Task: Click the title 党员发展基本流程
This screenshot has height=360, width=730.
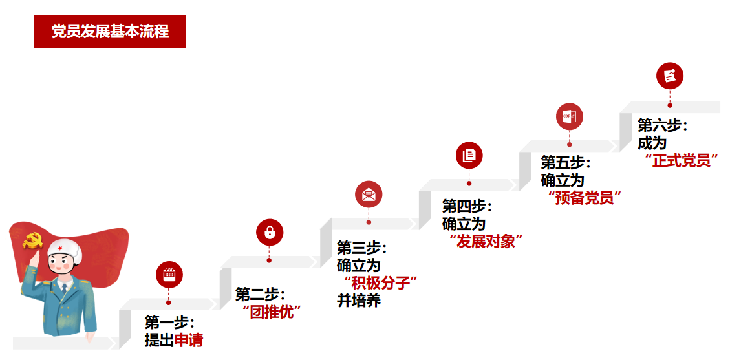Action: [110, 32]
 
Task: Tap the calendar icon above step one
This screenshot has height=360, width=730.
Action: [169, 275]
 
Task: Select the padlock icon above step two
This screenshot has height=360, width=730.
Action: [270, 233]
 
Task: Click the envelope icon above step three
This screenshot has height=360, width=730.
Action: [369, 195]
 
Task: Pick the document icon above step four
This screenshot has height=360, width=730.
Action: [469, 156]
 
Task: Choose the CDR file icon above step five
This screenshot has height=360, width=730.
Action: [570, 117]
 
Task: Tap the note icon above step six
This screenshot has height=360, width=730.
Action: [670, 76]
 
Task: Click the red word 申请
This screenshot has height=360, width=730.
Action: [189, 340]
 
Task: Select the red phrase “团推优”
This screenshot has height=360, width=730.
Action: [272, 312]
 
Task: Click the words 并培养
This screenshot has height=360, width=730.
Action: [359, 301]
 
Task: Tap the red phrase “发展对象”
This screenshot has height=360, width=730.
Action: [486, 242]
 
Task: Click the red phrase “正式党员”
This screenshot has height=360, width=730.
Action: [682, 160]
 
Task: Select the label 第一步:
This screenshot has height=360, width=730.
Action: [169, 322]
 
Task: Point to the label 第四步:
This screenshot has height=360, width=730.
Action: [467, 206]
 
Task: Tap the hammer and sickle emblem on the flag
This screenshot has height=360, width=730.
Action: [32, 241]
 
